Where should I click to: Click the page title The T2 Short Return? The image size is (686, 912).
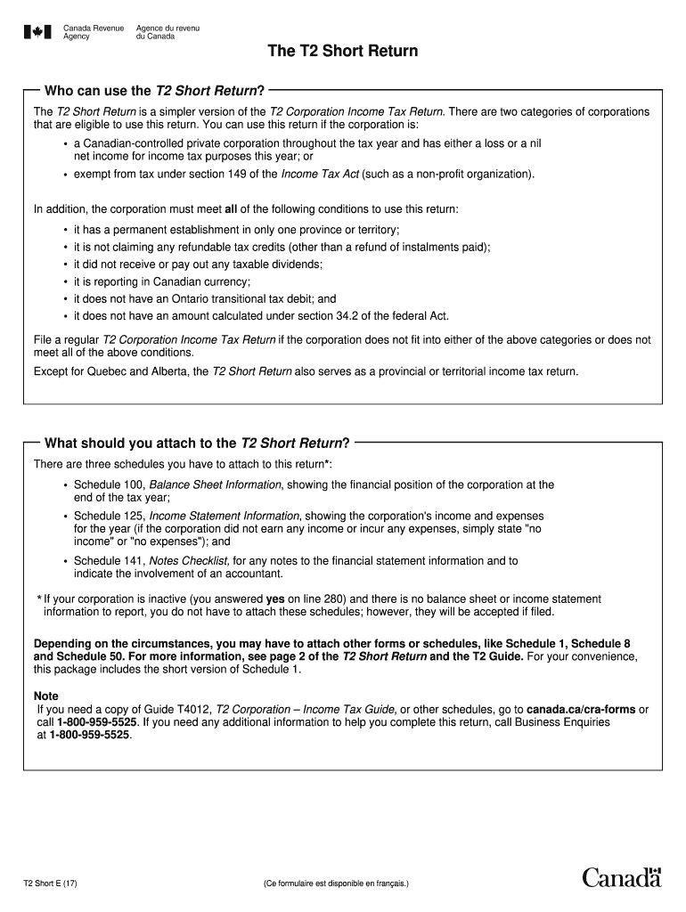click(343, 51)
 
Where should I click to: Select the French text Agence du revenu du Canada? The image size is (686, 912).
click(167, 32)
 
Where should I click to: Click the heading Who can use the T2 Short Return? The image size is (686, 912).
click(154, 90)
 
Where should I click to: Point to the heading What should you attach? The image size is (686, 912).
click(196, 443)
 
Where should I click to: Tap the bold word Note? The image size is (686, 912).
click(46, 696)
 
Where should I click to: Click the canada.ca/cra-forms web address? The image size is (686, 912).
click(581, 709)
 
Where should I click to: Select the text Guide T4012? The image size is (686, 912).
click(179, 709)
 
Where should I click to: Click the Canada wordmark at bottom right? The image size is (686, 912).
click(622, 877)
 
